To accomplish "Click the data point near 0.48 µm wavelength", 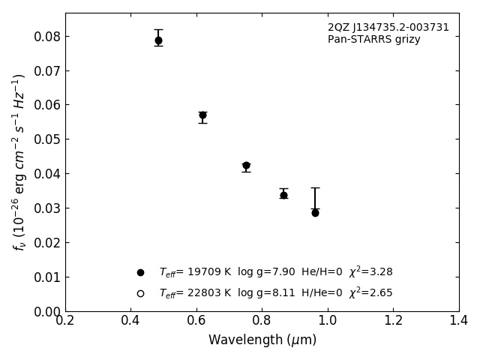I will click(x=158, y=40).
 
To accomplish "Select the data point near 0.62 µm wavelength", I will click(x=202, y=115).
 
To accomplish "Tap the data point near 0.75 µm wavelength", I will click(x=246, y=166).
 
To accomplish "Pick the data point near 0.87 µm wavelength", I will click(x=283, y=195).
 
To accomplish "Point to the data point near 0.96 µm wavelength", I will click(x=315, y=213).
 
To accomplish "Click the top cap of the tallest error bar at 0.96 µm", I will click(x=315, y=187).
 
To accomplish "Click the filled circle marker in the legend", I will click(x=140, y=272).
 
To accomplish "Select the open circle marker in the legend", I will click(x=140, y=293).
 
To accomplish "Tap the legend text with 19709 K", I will click(x=275, y=272).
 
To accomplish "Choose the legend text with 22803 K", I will click(x=275, y=293).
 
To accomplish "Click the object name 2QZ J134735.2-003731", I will click(x=388, y=28).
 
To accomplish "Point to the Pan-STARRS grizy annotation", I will click(x=373, y=40).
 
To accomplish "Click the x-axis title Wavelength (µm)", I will click(x=262, y=340).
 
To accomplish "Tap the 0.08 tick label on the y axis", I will click(x=46, y=37).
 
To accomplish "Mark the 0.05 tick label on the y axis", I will click(x=46, y=139).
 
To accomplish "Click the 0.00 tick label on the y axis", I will click(x=46, y=311).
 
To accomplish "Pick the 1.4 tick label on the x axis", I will click(x=458, y=321).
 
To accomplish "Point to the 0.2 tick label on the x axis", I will click(x=65, y=321).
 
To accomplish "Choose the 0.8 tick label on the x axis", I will click(x=262, y=321).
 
